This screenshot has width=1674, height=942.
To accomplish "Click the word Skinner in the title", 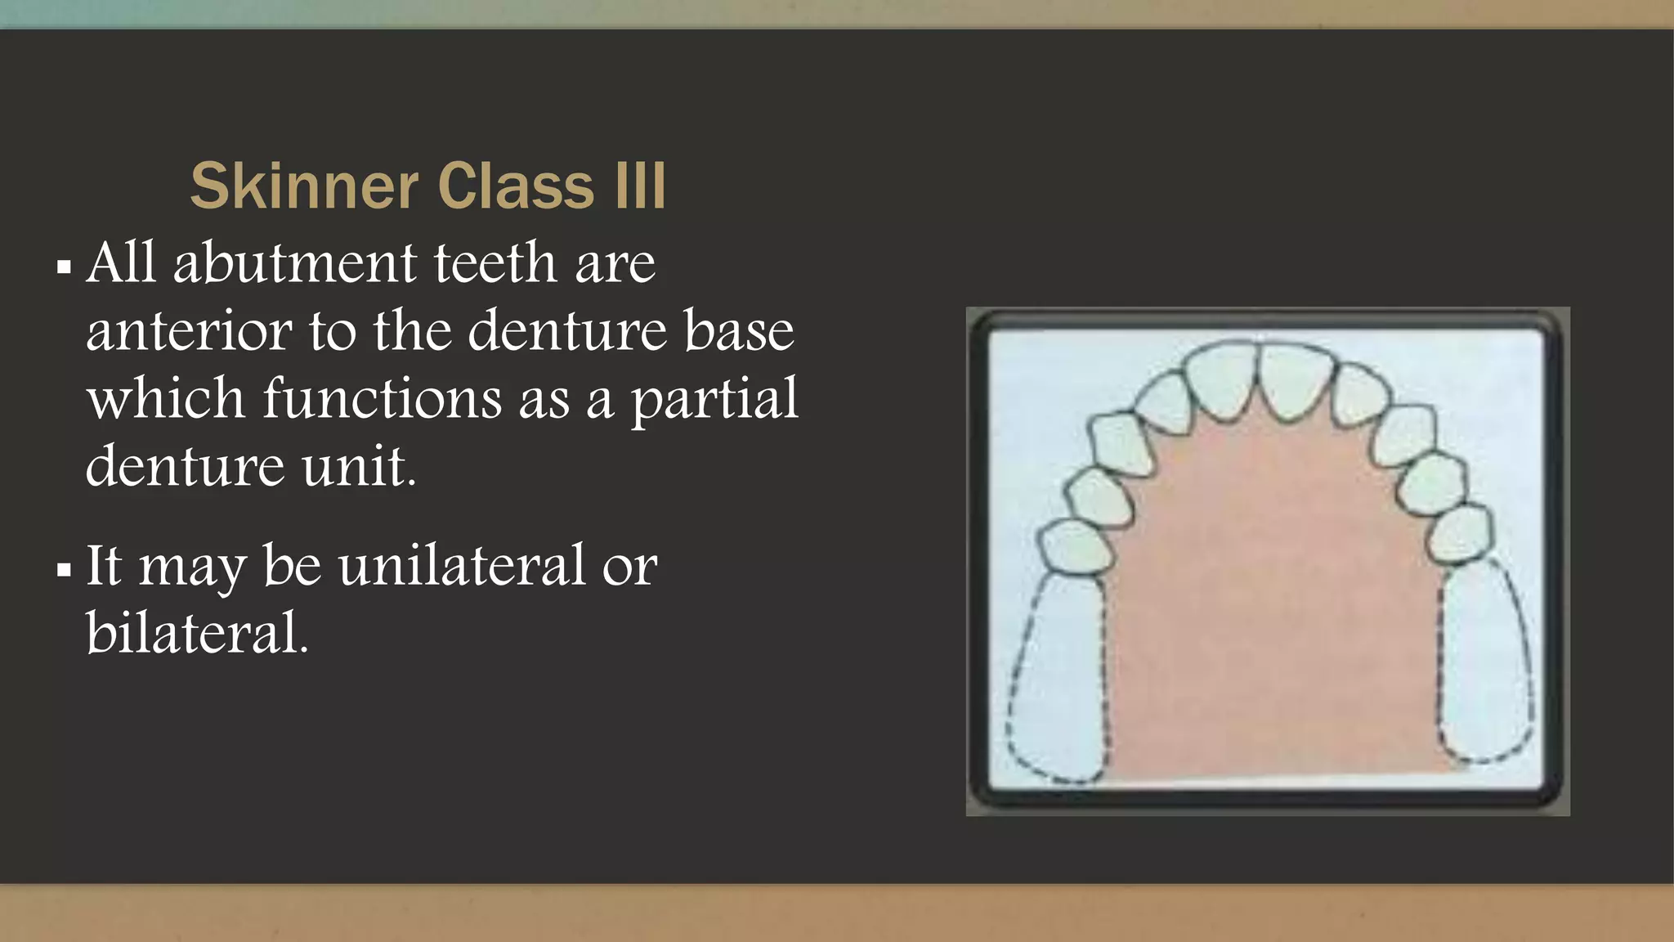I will pos(304,186).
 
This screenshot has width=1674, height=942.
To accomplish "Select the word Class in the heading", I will pos(516,186).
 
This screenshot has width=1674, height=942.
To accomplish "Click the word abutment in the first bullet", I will pos(295,263).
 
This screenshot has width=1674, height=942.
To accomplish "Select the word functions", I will pos(382,399).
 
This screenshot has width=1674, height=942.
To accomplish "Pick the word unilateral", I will pos(462,565).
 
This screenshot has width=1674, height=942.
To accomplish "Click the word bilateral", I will pos(197,633).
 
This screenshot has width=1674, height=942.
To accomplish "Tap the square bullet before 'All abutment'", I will pos(64,267).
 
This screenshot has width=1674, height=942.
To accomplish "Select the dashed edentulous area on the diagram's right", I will pos(1484,662).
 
